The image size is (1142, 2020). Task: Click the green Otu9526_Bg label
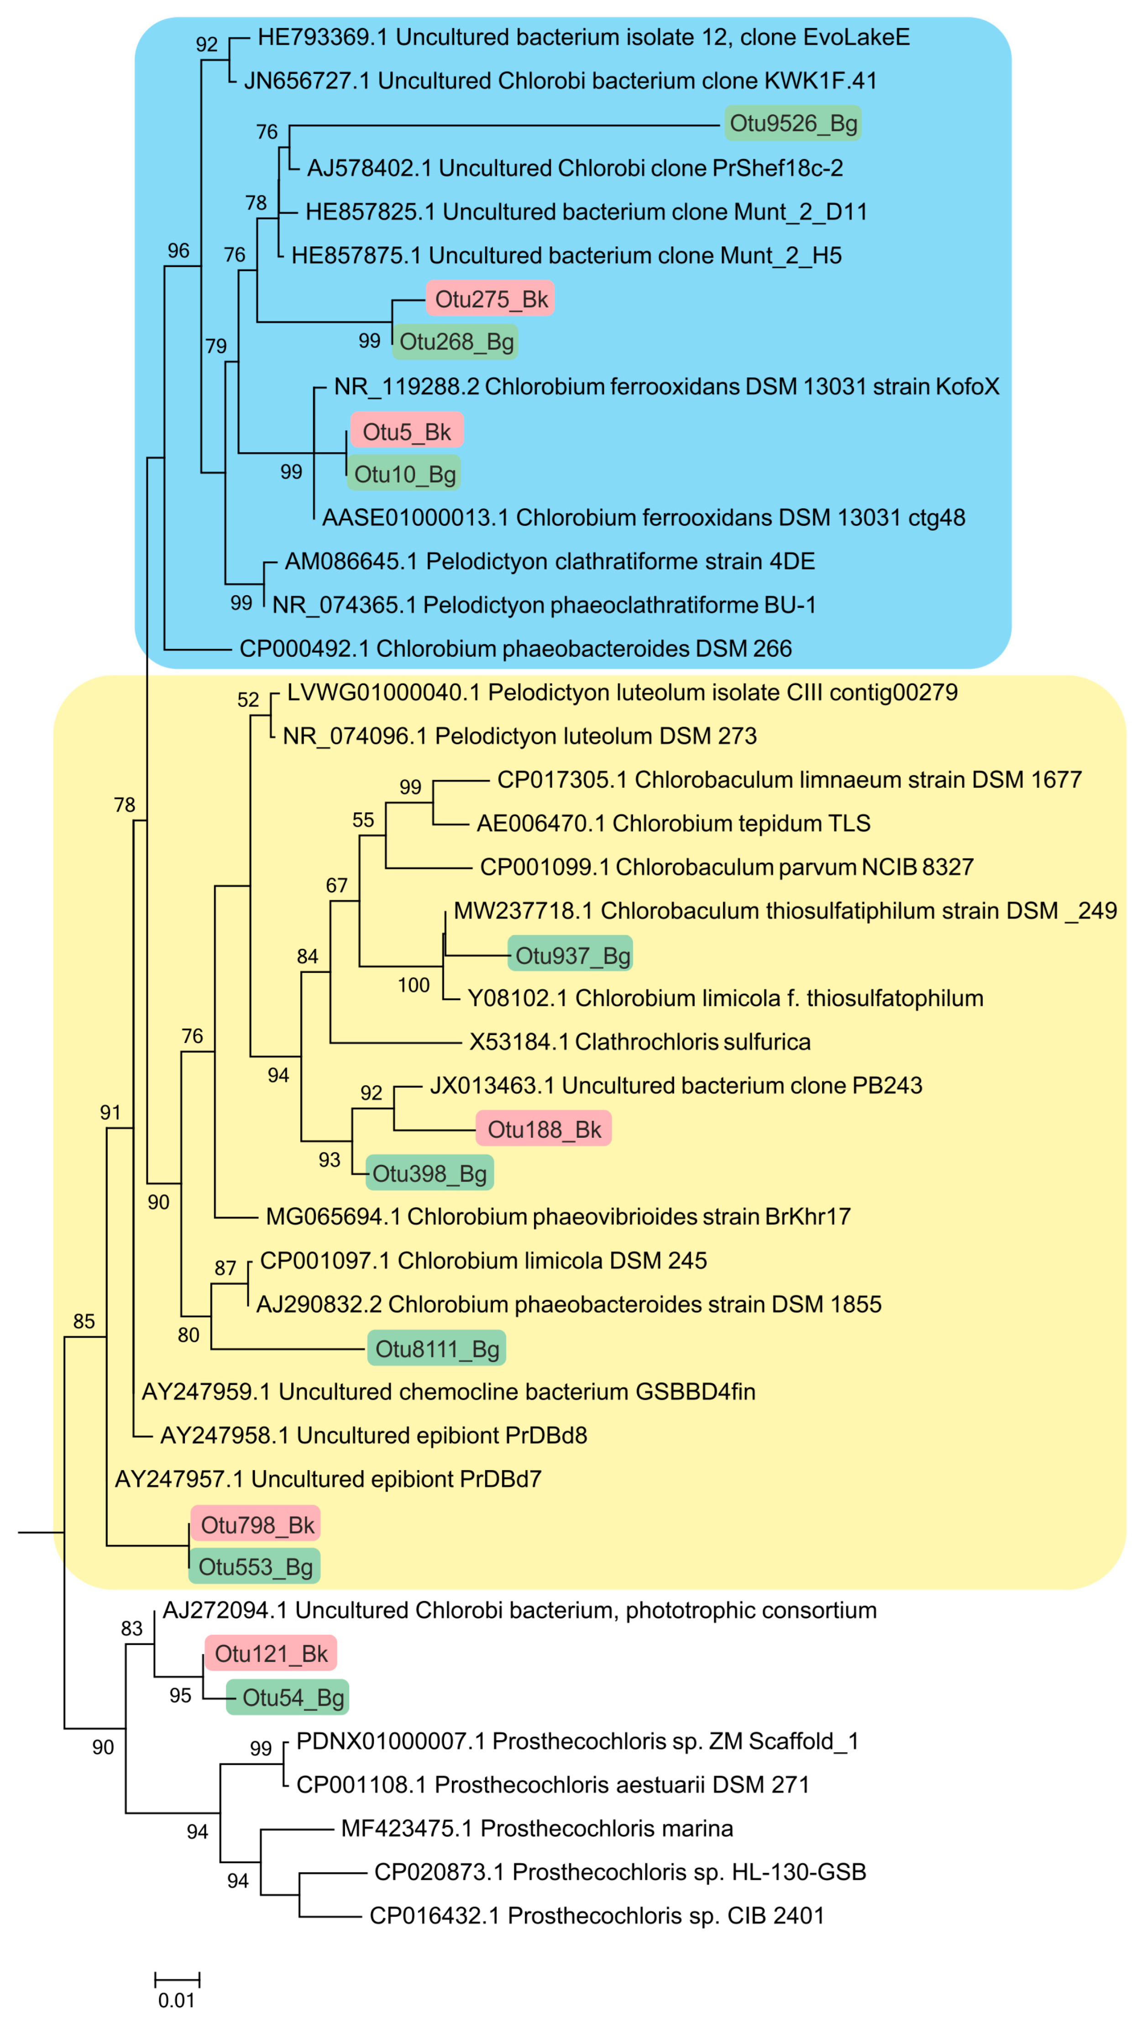[792, 123]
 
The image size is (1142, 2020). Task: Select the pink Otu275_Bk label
[491, 299]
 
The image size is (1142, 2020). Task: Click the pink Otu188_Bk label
[544, 1129]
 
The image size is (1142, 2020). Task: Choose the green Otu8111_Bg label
[437, 1349]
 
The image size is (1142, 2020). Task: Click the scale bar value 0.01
[177, 1999]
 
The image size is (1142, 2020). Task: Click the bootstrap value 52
[248, 700]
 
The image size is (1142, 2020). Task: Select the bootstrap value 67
[336, 885]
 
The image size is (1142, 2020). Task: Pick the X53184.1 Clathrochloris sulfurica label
[639, 1041]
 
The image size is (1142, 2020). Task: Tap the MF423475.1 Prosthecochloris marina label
[536, 1829]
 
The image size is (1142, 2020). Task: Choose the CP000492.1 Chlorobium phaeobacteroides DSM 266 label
[515, 649]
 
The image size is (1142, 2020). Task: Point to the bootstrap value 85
[84, 1321]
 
